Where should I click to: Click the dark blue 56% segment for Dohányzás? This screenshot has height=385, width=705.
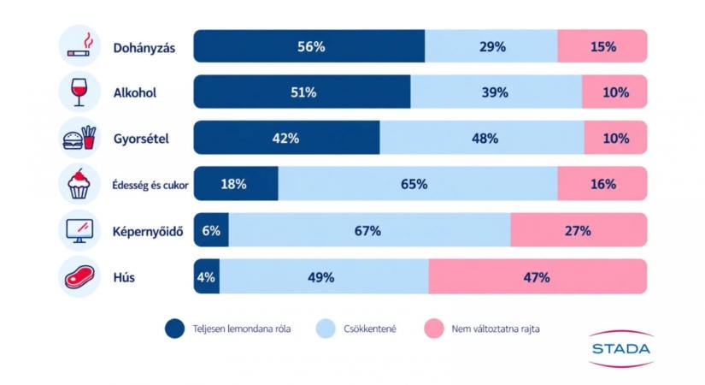coord(308,46)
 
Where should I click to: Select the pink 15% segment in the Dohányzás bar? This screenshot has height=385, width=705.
coord(602,46)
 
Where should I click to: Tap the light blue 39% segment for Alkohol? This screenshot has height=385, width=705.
coord(496,92)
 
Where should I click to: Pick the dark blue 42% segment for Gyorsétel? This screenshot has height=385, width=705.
coord(286,138)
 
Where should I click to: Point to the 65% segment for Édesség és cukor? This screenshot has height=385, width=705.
coord(418,184)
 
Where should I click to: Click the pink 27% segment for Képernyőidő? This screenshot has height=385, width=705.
coord(579,230)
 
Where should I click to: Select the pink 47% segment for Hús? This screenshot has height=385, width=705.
coord(538,276)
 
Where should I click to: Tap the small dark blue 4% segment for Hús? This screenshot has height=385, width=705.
coord(207,276)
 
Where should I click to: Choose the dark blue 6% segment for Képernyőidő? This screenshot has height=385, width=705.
coord(211,230)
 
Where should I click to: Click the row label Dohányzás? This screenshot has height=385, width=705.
coord(144,48)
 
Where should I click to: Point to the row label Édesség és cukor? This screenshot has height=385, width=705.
coord(150,185)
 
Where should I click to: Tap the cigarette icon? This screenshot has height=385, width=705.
coord(80,45)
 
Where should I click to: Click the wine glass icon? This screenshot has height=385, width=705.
coord(79,92)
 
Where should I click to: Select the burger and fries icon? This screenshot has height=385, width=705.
coord(79,138)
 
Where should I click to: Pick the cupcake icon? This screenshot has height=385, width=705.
coord(79,184)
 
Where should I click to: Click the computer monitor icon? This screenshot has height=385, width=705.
coord(79,230)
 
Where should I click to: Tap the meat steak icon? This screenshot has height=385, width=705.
coord(79,276)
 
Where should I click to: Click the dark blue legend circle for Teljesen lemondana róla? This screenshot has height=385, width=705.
coord(174,329)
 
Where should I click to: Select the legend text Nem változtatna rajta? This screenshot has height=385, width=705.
coord(496,329)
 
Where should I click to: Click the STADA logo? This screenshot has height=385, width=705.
coord(621,348)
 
